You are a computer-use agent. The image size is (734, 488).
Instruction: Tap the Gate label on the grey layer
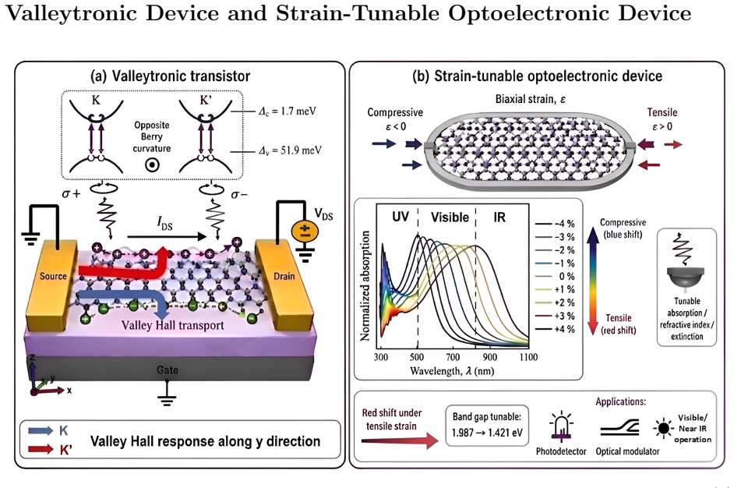click(x=167, y=370)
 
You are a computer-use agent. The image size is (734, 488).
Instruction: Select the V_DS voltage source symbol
click(x=305, y=231)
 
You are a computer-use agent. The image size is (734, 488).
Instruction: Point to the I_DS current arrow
click(x=167, y=236)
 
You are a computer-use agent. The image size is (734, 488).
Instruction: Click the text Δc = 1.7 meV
click(x=288, y=111)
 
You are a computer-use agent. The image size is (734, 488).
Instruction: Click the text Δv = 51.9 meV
click(x=290, y=150)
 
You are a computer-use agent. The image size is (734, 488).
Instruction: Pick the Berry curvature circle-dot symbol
click(x=152, y=164)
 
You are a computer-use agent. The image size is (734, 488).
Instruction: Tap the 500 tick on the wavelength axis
click(x=417, y=357)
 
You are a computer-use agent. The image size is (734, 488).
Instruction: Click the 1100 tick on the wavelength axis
click(x=528, y=357)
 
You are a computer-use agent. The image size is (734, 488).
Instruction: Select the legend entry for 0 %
click(x=556, y=276)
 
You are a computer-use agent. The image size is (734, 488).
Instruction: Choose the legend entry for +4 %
click(x=556, y=329)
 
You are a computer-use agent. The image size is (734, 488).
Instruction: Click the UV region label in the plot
click(x=401, y=217)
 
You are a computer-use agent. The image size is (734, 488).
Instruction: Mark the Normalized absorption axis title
click(x=365, y=285)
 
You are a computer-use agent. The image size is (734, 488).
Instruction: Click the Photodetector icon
click(x=561, y=427)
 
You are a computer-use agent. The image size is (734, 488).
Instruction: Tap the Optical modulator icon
click(x=620, y=427)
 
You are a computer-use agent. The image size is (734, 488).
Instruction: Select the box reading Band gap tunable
click(x=487, y=425)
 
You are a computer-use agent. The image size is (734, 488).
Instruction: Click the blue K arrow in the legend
click(x=41, y=431)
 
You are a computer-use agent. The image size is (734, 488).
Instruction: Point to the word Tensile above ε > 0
click(x=662, y=112)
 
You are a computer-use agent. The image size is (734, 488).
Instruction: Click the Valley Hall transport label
click(x=173, y=325)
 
